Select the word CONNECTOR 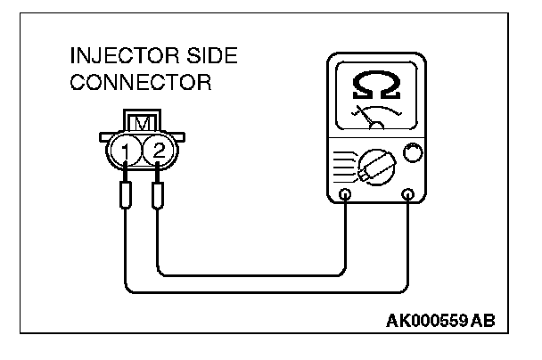[x=128, y=85]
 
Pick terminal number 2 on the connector [x=158, y=151]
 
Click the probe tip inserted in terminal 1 [x=127, y=194]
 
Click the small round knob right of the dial [x=411, y=153]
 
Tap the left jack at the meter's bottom [x=345, y=193]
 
